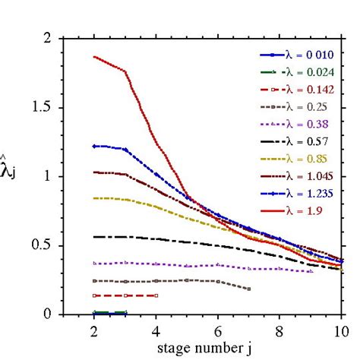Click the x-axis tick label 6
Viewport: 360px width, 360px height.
pyautogui.click(x=217, y=332)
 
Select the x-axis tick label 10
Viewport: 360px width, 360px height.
pyautogui.click(x=339, y=332)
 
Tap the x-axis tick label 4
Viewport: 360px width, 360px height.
pyautogui.click(x=156, y=332)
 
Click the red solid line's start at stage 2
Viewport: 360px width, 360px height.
pyautogui.click(x=94, y=57)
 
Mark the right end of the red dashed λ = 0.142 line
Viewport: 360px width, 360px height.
pyautogui.click(x=156, y=295)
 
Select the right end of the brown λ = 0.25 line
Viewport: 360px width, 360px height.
pyautogui.click(x=248, y=289)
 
